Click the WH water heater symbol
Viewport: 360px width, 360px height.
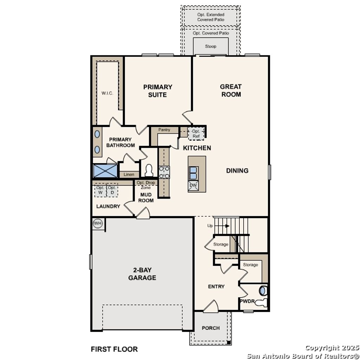pyautogui.click(x=98, y=224)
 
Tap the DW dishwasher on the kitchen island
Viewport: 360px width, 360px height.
pyautogui.click(x=193, y=185)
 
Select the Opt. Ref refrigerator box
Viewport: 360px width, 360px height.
pyautogui.click(x=196, y=134)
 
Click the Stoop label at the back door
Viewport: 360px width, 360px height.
pyautogui.click(x=211, y=46)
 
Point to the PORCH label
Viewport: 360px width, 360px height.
pyautogui.click(x=211, y=328)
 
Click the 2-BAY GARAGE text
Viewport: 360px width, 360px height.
pyautogui.click(x=142, y=274)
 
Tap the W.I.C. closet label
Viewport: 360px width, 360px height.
pyautogui.click(x=107, y=93)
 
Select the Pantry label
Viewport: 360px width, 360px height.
pyautogui.click(x=164, y=130)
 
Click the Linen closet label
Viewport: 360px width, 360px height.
pyautogui.click(x=129, y=174)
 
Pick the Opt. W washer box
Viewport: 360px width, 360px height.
pyautogui.click(x=100, y=190)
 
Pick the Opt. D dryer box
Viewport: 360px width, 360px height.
pyautogui.click(x=112, y=190)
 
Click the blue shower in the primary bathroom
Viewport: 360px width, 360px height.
pyautogui.click(x=105, y=171)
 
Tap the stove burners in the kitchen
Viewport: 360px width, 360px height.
pyautogui.click(x=164, y=172)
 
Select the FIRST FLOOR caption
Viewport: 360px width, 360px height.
pyautogui.click(x=114, y=349)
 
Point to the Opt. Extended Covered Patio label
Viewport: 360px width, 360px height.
pyautogui.click(x=211, y=17)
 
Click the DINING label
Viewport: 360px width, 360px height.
pyautogui.click(x=237, y=171)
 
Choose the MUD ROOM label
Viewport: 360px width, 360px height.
pyautogui.click(x=146, y=197)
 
